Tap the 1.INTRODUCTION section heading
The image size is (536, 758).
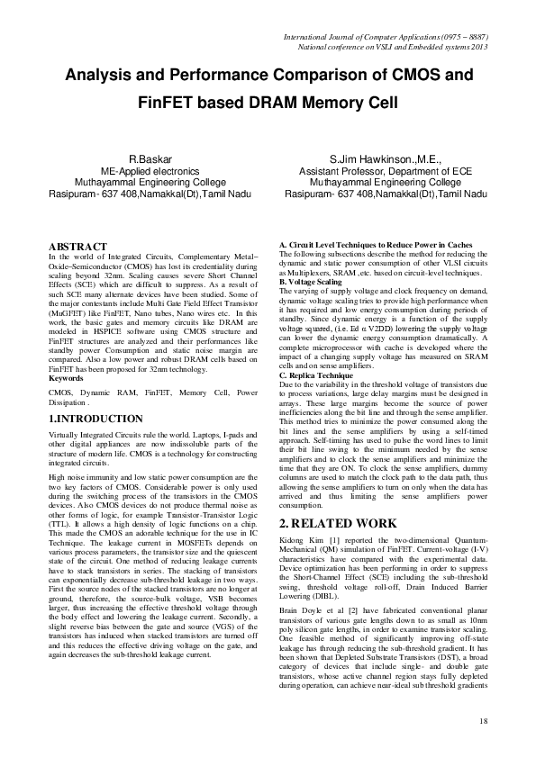tap(95, 419)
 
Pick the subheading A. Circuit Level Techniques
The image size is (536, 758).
tap(373, 246)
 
